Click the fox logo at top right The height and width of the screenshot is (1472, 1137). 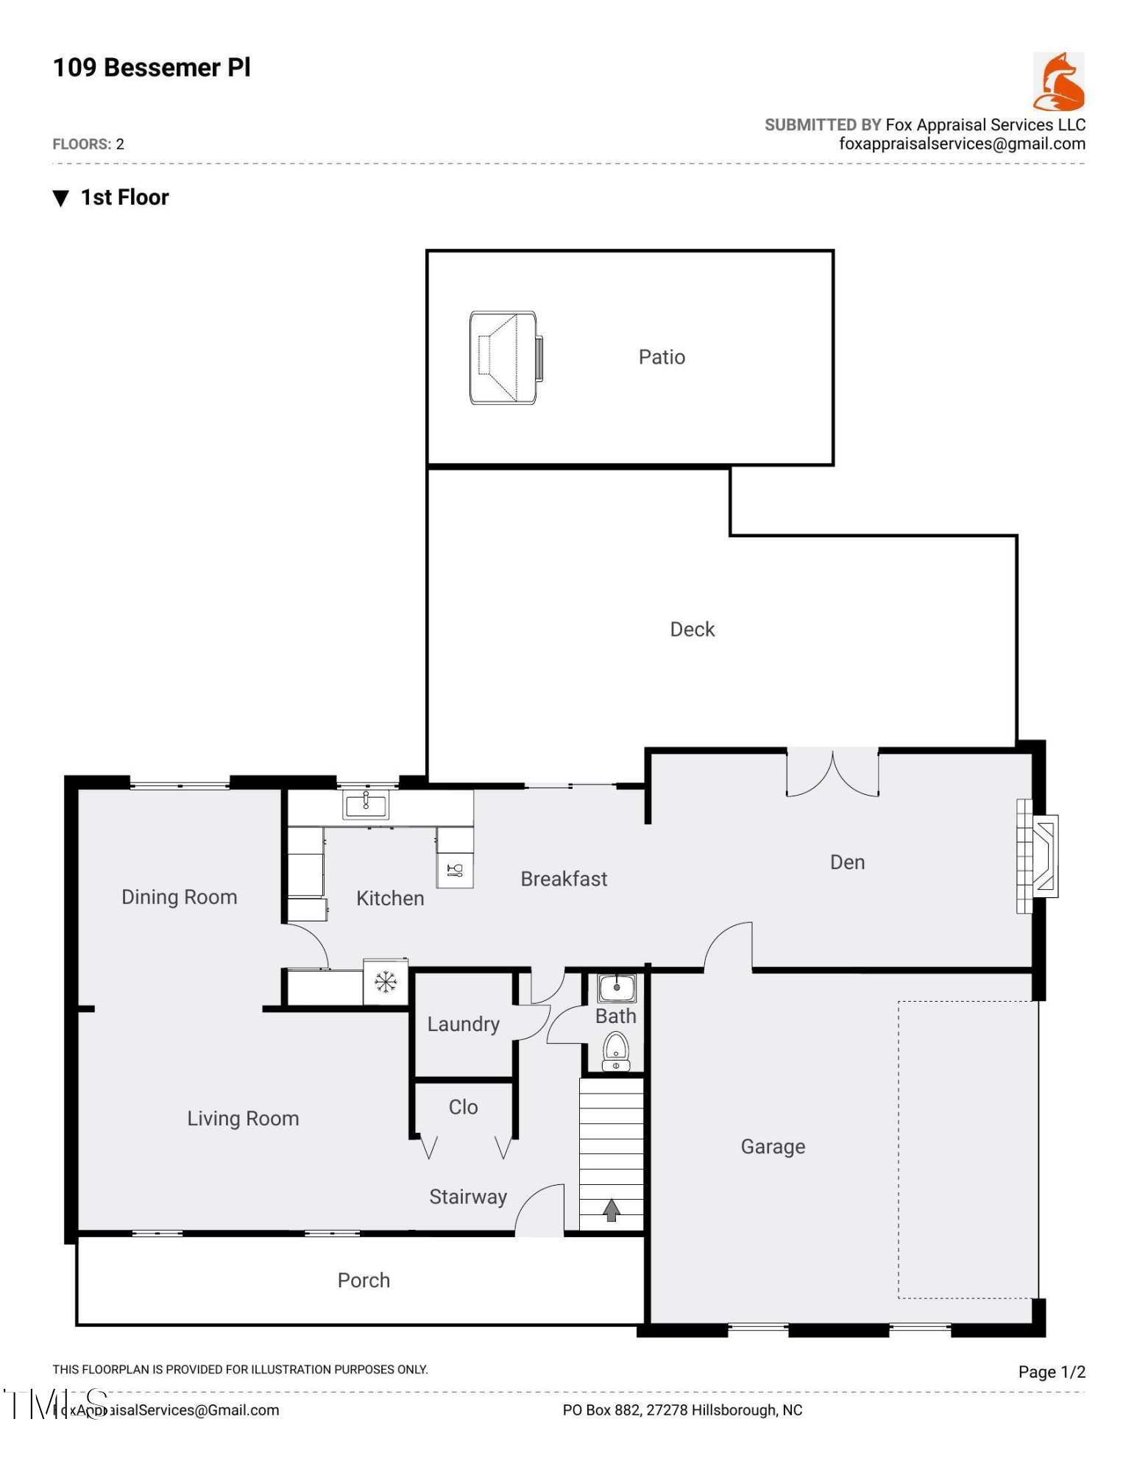[1058, 81]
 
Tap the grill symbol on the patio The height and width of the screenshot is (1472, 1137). [506, 358]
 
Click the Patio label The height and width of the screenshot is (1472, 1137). [662, 357]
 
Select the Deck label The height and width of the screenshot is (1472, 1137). [692, 629]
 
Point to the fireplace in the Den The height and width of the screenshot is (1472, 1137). [1038, 856]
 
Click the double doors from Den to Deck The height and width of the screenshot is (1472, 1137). [832, 774]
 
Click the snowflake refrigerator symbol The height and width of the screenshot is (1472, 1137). [386, 982]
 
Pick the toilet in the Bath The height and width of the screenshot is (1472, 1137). [616, 1051]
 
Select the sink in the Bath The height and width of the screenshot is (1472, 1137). [617, 988]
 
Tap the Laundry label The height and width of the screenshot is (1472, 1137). [463, 1024]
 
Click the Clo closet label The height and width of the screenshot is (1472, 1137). [463, 1107]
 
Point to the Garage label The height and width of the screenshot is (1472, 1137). [773, 1146]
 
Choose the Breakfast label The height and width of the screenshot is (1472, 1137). [564, 879]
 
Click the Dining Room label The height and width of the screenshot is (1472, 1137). [179, 896]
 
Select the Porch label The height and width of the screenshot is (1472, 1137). [364, 1280]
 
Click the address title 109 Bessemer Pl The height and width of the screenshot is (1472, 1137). [152, 68]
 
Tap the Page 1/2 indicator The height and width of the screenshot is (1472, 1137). [1052, 1372]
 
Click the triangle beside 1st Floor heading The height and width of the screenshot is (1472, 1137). [61, 198]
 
